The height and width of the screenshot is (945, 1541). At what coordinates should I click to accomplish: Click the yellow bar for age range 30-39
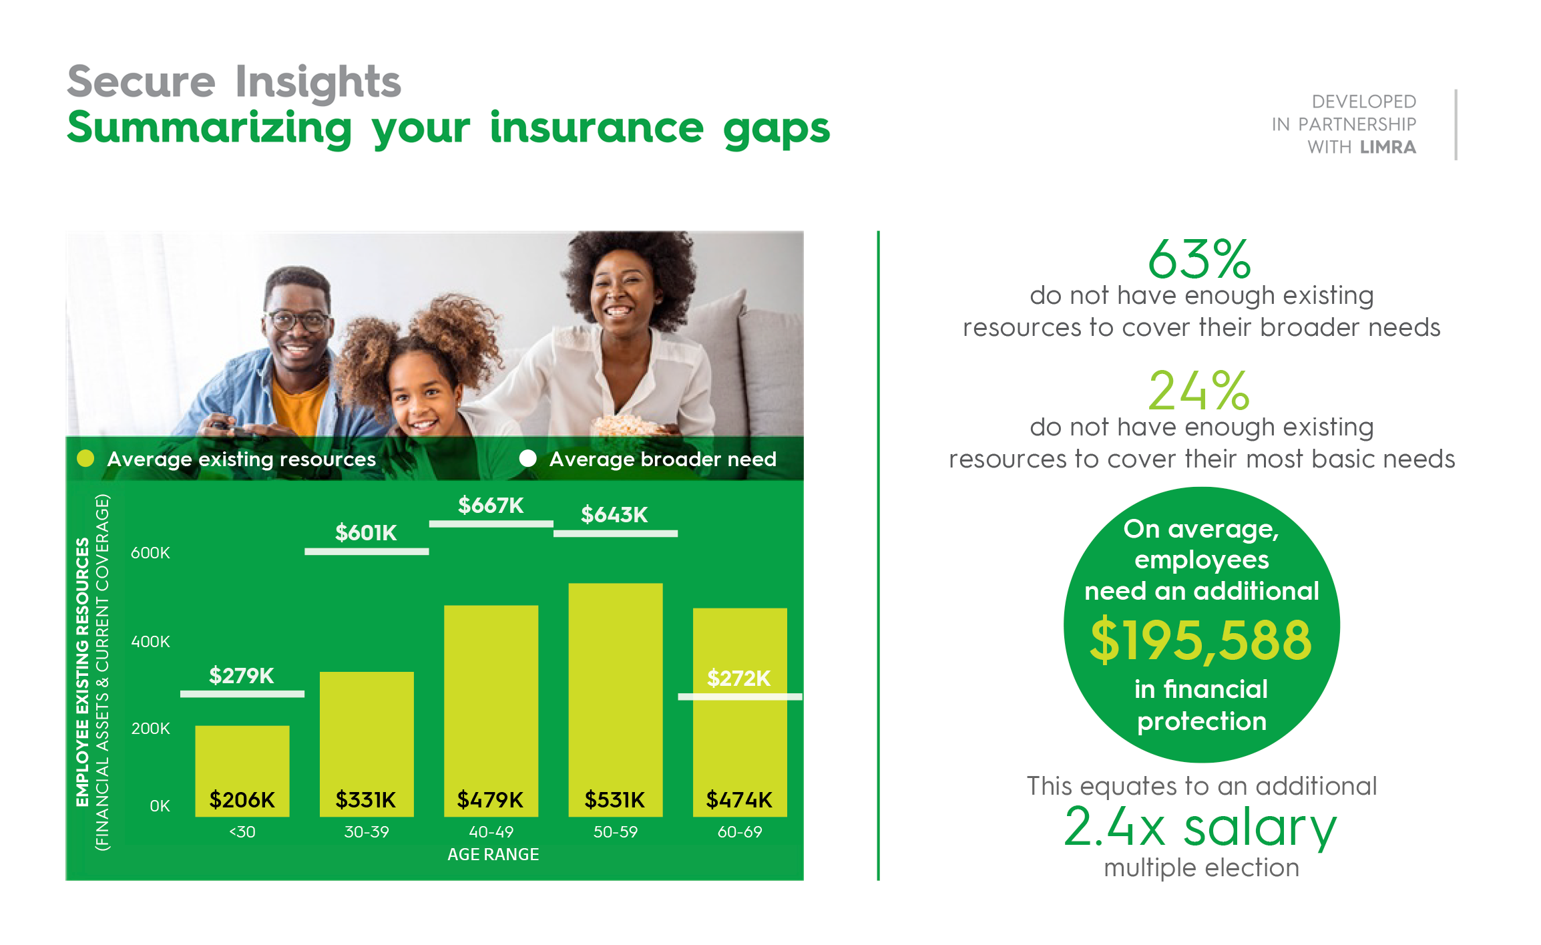tap(367, 744)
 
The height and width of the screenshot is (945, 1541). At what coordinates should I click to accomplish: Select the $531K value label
tap(615, 799)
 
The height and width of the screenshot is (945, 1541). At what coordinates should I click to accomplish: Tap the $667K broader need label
tap(491, 505)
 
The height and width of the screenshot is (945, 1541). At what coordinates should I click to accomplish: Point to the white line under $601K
tap(367, 552)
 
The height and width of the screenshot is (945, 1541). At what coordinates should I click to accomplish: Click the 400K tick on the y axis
tap(150, 642)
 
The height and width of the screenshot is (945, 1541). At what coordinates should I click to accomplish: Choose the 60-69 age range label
tap(740, 832)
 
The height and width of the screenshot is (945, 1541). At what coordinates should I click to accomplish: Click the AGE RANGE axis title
tap(493, 855)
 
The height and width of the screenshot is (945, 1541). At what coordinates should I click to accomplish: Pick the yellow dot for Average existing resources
tap(85, 458)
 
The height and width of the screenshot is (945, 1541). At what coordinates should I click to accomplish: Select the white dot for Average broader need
tap(528, 458)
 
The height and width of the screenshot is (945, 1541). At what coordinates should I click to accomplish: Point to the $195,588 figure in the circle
tap(1201, 640)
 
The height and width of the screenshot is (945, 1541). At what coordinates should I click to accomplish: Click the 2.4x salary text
tap(1200, 827)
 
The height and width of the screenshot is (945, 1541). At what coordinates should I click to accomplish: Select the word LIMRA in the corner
tap(1388, 147)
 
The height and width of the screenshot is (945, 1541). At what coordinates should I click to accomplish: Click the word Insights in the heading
tap(318, 83)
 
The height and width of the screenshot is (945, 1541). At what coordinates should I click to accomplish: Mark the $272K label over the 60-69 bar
tap(739, 678)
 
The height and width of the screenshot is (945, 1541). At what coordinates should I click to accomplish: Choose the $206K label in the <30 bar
tap(242, 799)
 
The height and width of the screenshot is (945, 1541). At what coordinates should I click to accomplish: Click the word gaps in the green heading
tap(777, 129)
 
